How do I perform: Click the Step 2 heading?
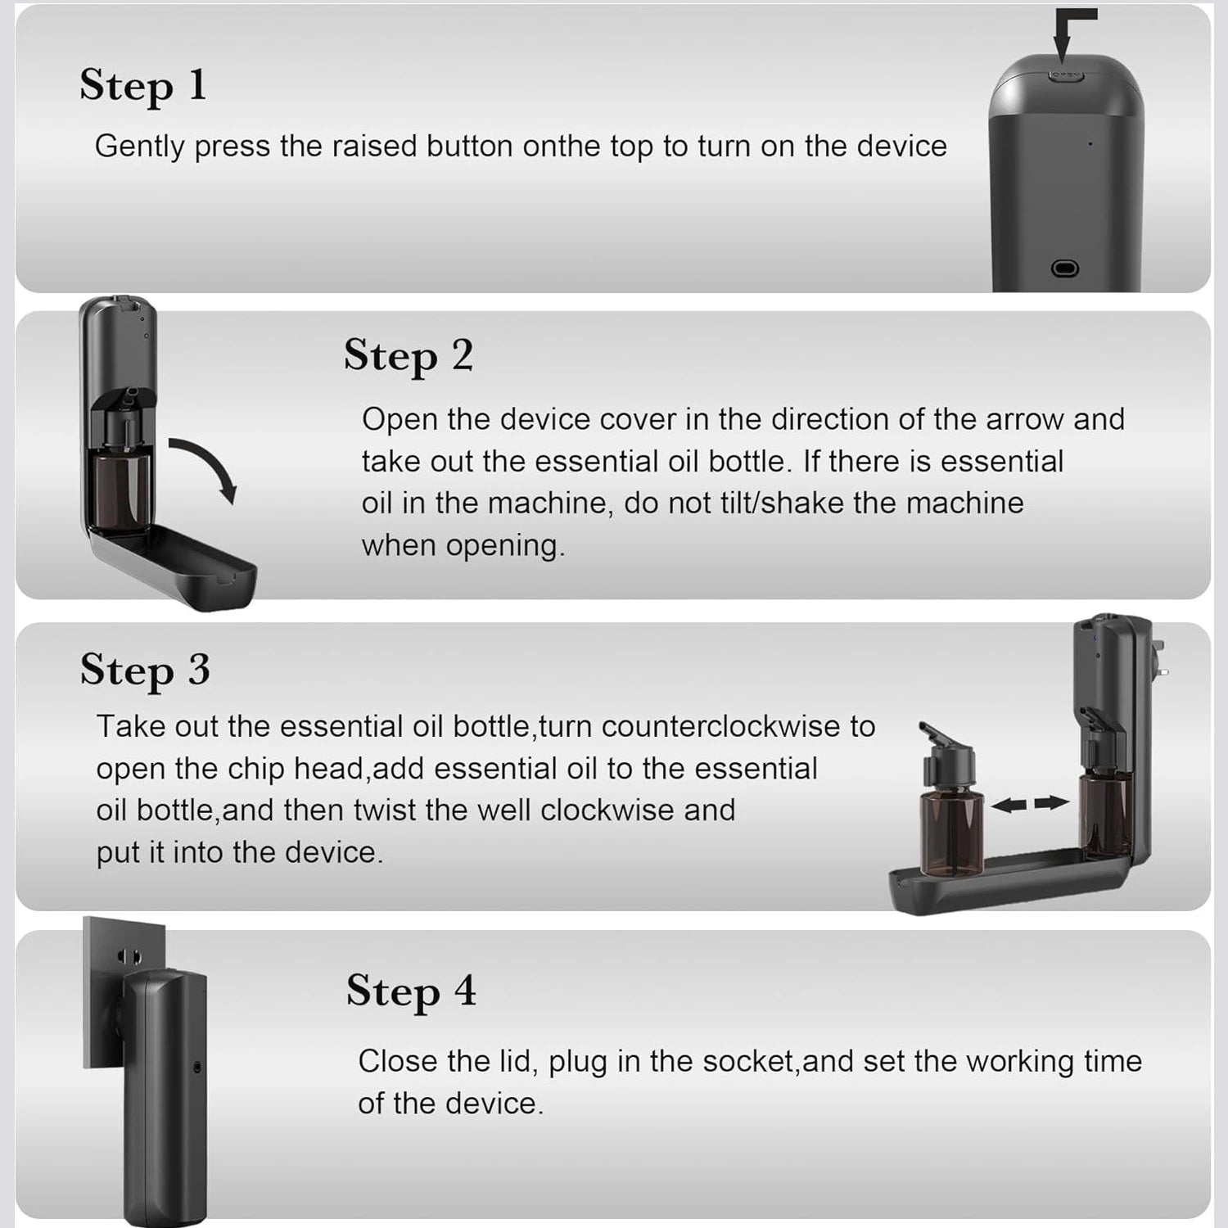pyautogui.click(x=409, y=357)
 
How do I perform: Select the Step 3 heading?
pyautogui.click(x=145, y=670)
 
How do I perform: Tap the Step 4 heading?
pyautogui.click(x=411, y=992)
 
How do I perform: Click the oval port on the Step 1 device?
pyautogui.click(x=1064, y=269)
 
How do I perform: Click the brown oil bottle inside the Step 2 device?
pyautogui.click(x=121, y=491)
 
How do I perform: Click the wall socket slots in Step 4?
pyautogui.click(x=129, y=956)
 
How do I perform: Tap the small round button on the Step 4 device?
pyautogui.click(x=197, y=1067)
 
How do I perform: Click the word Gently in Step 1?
pyautogui.click(x=140, y=147)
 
